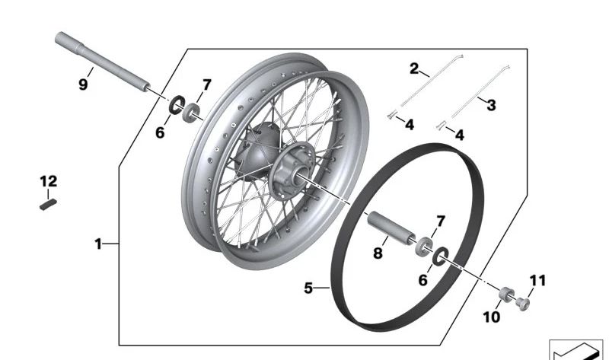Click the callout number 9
coord(83,84)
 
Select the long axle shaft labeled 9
coord(103,62)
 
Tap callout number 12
coord(49,181)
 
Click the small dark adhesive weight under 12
coord(49,205)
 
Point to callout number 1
coord(98,244)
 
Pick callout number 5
coord(308,288)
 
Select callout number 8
coord(378,253)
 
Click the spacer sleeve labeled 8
coord(391,228)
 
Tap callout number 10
coord(491,317)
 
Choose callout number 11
coord(538,280)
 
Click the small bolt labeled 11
coord(523,304)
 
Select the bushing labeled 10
coord(506,294)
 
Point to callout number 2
coord(414,68)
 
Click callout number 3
coord(491,105)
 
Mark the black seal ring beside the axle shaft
coord(177,105)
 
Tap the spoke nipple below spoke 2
coord(391,115)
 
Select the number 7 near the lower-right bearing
coord(441,221)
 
